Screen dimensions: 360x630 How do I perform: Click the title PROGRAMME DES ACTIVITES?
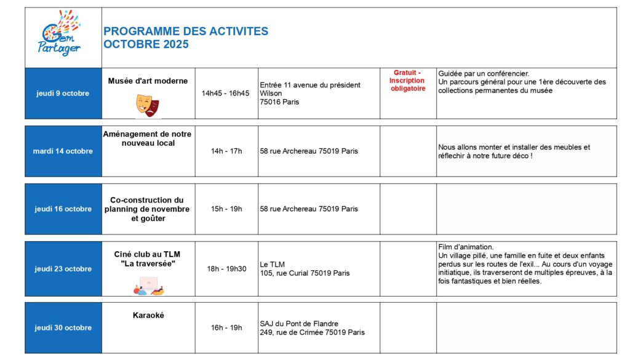pos(186,31)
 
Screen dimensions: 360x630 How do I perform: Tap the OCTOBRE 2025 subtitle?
pos(146,44)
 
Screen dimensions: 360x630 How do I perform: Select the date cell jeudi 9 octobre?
pos(63,94)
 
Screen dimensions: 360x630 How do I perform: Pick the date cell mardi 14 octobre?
pos(63,151)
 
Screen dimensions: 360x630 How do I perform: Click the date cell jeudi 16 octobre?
pos(63,209)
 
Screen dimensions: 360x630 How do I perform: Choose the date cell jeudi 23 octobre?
pos(63,269)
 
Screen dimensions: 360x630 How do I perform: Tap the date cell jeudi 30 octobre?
pos(63,328)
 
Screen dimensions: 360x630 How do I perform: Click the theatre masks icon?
pos(148,106)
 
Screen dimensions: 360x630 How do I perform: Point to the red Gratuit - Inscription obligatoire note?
pos(408,81)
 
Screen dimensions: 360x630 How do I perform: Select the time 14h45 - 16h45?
pos(226,94)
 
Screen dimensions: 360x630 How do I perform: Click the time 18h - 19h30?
pos(226,269)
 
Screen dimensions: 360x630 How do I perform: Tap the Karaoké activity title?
pos(148,316)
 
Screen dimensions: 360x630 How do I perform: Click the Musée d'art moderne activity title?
pos(148,81)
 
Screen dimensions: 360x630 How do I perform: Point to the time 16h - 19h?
pos(226,328)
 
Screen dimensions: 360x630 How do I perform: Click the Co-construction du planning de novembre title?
pos(148,209)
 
